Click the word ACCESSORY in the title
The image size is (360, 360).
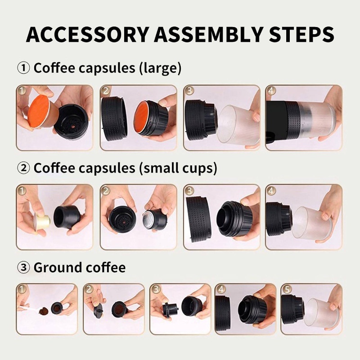87,35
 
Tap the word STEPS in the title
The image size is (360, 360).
301,35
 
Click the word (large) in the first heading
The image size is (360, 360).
160,68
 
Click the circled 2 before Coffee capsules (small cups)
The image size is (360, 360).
23,168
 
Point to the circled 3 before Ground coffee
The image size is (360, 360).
23,267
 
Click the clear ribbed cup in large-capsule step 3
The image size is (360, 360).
238,125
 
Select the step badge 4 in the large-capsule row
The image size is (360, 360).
271,91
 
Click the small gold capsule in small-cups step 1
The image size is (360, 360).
43,221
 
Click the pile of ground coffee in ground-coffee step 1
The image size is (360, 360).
44,311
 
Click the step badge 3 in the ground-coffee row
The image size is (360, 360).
156,289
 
